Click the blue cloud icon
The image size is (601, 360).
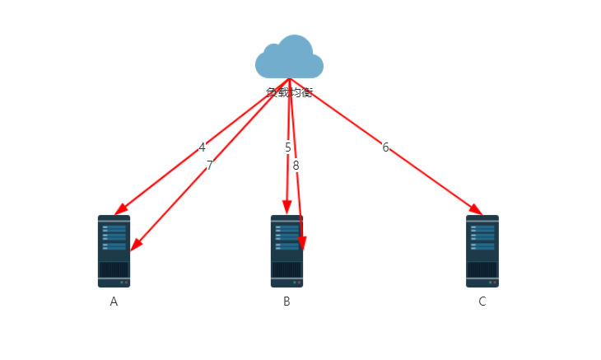click(x=289, y=57)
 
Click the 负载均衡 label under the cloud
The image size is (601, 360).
click(x=289, y=92)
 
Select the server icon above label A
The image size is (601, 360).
click(x=114, y=250)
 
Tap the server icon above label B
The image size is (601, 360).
click(x=287, y=250)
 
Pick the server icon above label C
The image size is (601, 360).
click(x=482, y=250)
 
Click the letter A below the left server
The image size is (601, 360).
click(x=114, y=302)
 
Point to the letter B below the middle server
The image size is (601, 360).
click(x=287, y=302)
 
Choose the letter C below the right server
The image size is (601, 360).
click(x=482, y=302)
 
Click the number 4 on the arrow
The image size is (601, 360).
click(x=202, y=148)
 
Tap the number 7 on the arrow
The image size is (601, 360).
click(x=209, y=166)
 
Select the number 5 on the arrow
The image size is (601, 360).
click(x=288, y=147)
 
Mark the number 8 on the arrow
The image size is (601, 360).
click(x=296, y=166)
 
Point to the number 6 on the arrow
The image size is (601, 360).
click(x=385, y=147)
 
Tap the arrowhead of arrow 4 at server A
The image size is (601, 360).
click(x=120, y=208)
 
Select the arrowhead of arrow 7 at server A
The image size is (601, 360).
click(x=136, y=244)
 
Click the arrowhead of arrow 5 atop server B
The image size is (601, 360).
click(x=287, y=207)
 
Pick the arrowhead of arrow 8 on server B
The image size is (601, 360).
click(x=302, y=243)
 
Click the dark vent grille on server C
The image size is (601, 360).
click(x=482, y=270)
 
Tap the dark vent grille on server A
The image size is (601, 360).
click(x=114, y=270)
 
